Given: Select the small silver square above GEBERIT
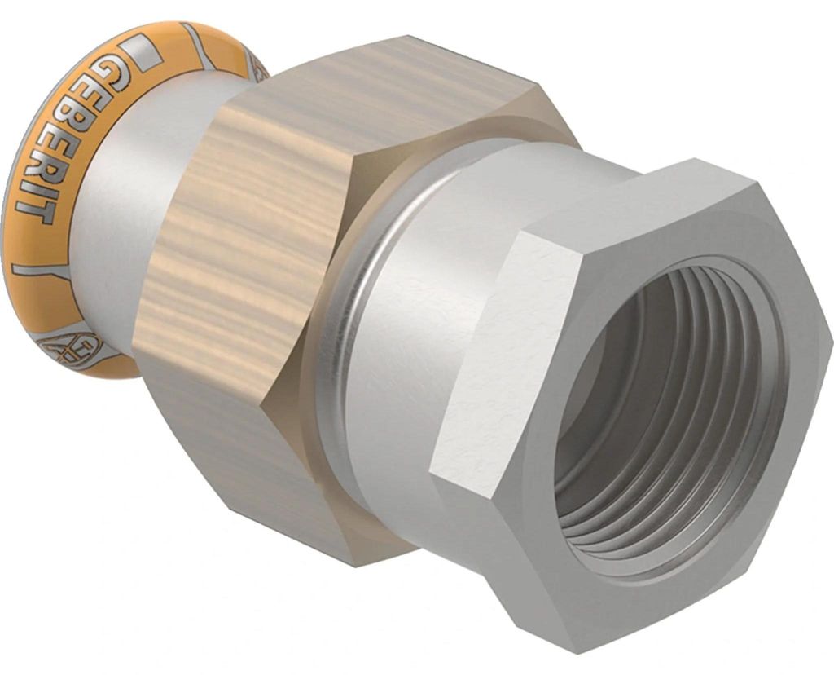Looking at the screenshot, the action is [x=143, y=51].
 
